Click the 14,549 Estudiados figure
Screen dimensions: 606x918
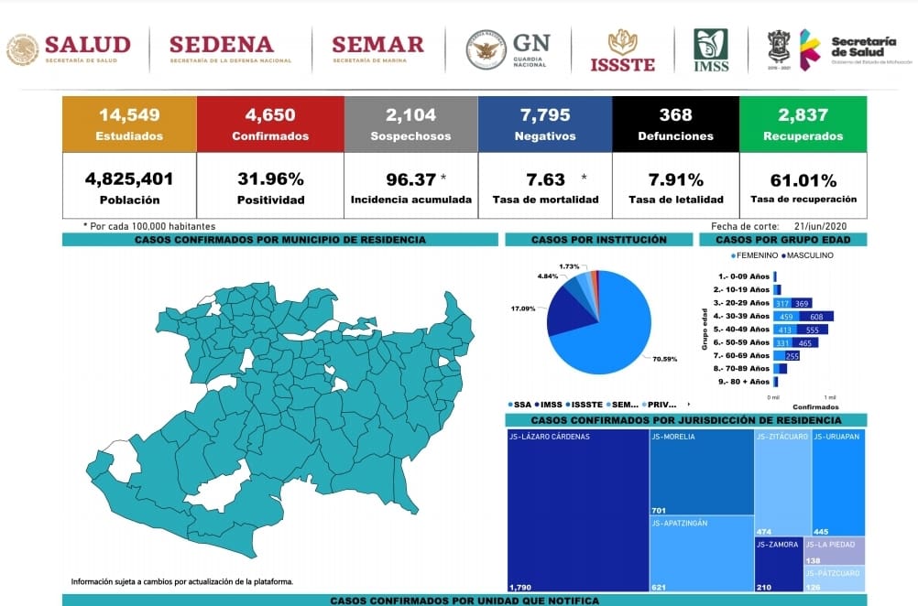pyautogui.click(x=129, y=115)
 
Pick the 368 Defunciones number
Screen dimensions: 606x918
pyautogui.click(x=675, y=115)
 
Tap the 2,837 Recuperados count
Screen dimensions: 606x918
pyautogui.click(x=802, y=115)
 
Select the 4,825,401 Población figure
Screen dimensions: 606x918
pyautogui.click(x=129, y=179)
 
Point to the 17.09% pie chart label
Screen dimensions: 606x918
pyautogui.click(x=523, y=308)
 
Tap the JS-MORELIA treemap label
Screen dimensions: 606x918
pyautogui.click(x=673, y=437)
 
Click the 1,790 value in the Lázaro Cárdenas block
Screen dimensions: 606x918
pyautogui.click(x=520, y=586)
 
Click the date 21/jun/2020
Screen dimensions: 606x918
pyautogui.click(x=822, y=225)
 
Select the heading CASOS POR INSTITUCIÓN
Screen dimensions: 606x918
pyautogui.click(x=598, y=240)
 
